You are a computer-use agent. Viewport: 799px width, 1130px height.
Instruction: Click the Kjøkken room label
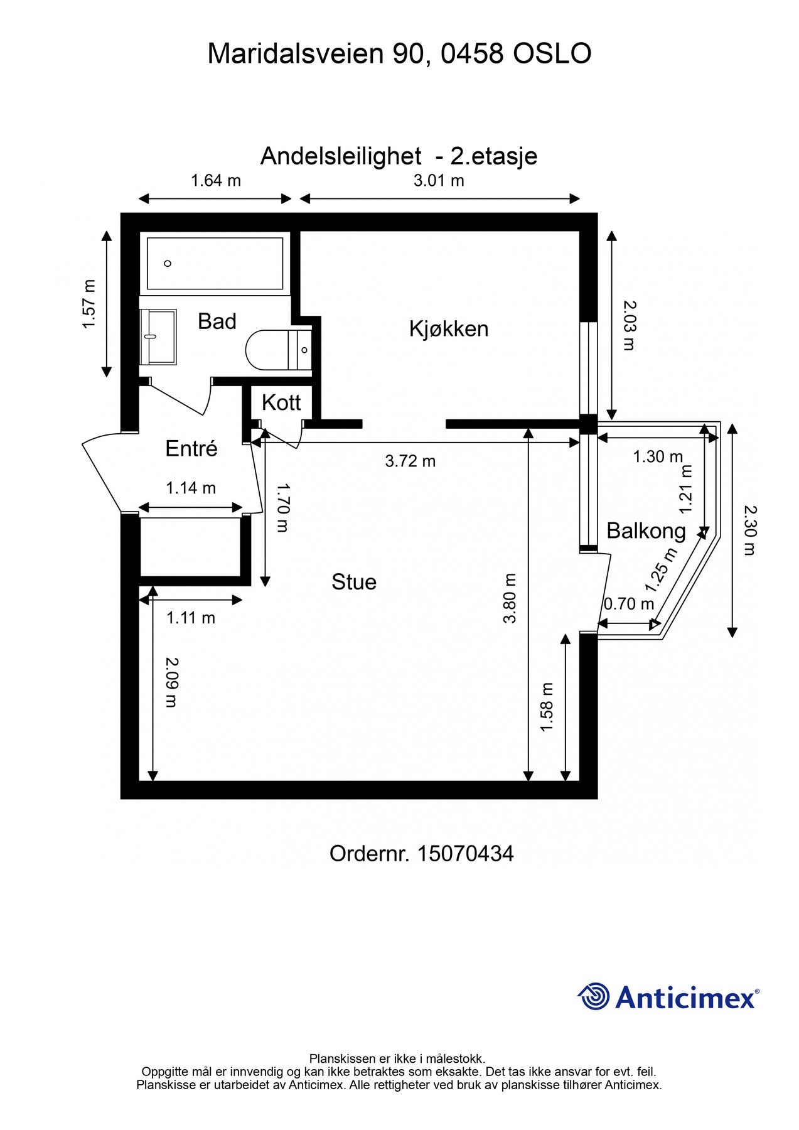[448, 328]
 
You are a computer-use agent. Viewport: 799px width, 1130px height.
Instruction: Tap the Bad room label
[217, 321]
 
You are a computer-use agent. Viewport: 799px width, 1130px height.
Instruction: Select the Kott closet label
[281, 402]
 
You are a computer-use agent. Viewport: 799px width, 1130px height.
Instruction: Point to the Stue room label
[354, 582]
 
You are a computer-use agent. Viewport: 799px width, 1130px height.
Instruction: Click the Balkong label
[646, 531]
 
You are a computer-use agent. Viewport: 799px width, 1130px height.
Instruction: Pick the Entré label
[191, 448]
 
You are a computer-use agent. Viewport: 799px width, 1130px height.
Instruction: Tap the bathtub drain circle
[168, 263]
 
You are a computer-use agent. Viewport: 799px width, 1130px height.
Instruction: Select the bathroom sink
[158, 336]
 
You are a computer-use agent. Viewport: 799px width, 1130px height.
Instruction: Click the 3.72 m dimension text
[410, 461]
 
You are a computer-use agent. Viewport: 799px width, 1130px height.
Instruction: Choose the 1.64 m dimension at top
[215, 181]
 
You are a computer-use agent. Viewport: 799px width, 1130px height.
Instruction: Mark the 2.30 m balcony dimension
[749, 530]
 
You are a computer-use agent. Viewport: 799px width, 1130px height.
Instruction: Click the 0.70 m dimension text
[628, 604]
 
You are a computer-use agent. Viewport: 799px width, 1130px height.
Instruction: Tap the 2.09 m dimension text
[171, 682]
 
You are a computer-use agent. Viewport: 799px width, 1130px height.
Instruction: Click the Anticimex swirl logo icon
[593, 996]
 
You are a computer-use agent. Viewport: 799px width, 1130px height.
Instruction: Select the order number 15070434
[465, 854]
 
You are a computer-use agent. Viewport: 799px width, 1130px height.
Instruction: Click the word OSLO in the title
[552, 54]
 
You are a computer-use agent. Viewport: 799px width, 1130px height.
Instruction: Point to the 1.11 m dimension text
[190, 618]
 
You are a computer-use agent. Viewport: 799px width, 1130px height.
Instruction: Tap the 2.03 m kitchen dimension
[629, 325]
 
